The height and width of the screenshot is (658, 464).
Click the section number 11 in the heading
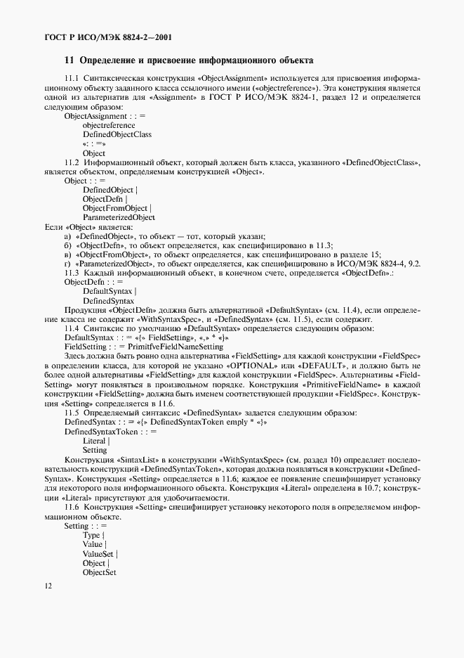[69, 60]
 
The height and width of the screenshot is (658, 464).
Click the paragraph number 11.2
[72, 162]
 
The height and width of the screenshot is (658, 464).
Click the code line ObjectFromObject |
[117, 209]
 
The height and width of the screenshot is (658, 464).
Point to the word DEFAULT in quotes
[322, 366]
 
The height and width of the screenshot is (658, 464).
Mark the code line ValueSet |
[100, 554]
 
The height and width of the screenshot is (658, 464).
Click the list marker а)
[67, 236]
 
